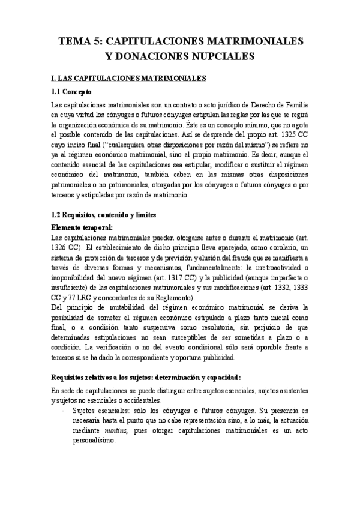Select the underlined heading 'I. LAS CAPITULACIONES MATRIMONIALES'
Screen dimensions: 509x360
[129, 78]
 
